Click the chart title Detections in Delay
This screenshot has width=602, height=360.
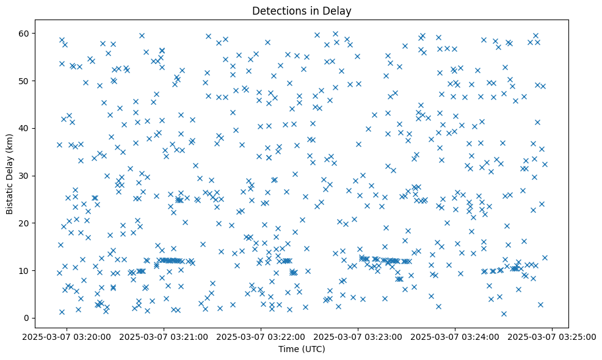click(x=302, y=10)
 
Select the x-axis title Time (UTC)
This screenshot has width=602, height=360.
click(x=302, y=350)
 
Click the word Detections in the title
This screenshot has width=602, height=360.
click(x=277, y=10)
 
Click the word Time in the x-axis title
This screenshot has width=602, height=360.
click(x=289, y=350)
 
